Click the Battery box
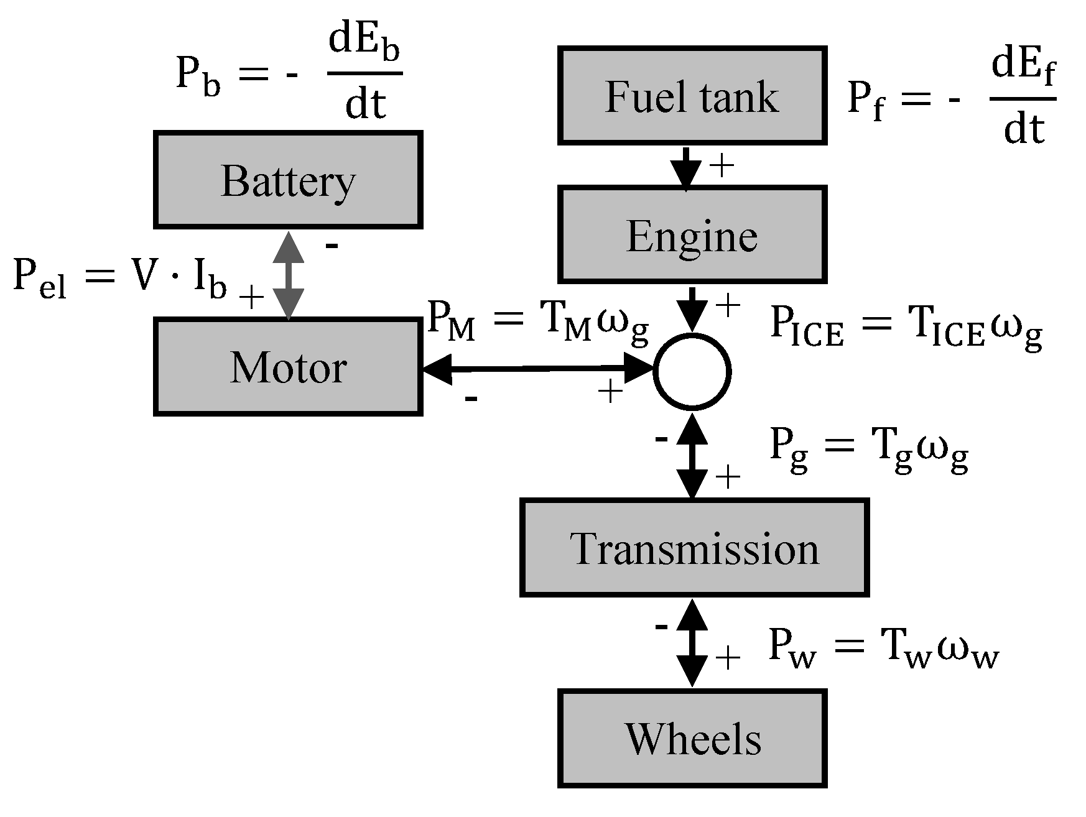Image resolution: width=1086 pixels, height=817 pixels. [x=288, y=180]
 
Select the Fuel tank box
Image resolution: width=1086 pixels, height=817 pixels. [x=692, y=96]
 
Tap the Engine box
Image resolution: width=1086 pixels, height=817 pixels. [x=692, y=234]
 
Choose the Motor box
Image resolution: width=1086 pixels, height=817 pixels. [x=288, y=366]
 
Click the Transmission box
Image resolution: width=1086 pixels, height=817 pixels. [x=694, y=548]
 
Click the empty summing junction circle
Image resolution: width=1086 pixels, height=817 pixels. [x=692, y=372]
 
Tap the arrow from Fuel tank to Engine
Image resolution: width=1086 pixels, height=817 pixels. [x=685, y=167]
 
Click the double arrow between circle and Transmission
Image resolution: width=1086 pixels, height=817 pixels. [x=692, y=456]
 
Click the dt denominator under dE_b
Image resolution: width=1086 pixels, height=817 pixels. [x=365, y=103]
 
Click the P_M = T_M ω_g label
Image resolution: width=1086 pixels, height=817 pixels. [x=538, y=323]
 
